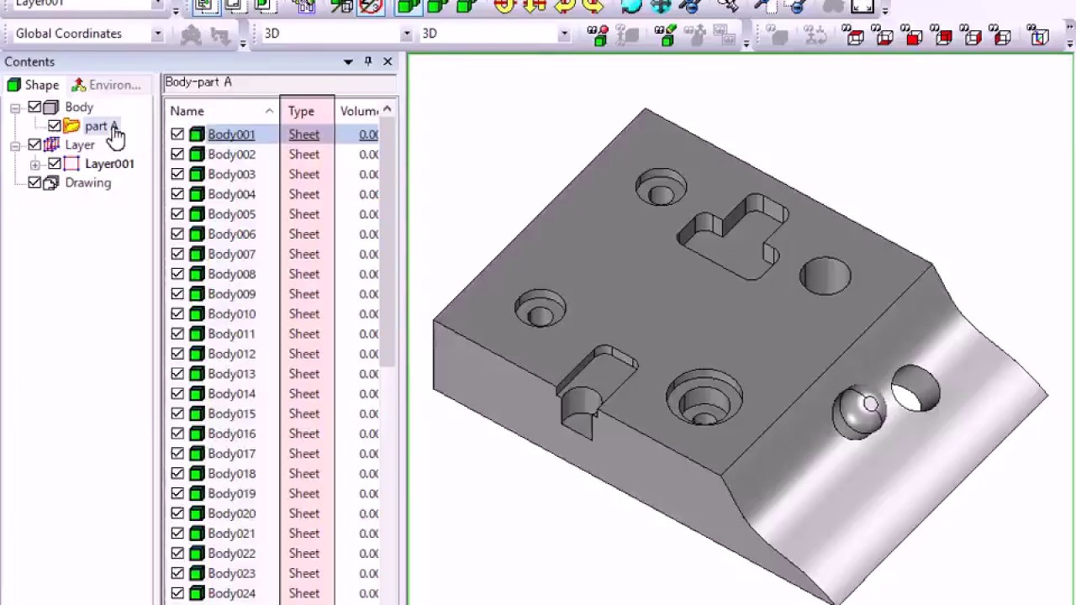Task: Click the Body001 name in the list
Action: (231, 134)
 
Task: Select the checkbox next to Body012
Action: (177, 354)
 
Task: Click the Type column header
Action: (301, 111)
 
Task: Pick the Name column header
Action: (187, 111)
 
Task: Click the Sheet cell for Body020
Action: (303, 513)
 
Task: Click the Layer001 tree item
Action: (109, 164)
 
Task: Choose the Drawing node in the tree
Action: (87, 183)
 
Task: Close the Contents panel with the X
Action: (388, 61)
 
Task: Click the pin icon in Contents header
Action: (367, 61)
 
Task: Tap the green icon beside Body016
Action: (197, 434)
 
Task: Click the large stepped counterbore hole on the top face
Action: (704, 397)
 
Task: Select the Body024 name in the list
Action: (231, 593)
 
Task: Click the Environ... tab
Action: (107, 85)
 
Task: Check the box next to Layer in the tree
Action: (34, 145)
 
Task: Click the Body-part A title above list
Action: (198, 82)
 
